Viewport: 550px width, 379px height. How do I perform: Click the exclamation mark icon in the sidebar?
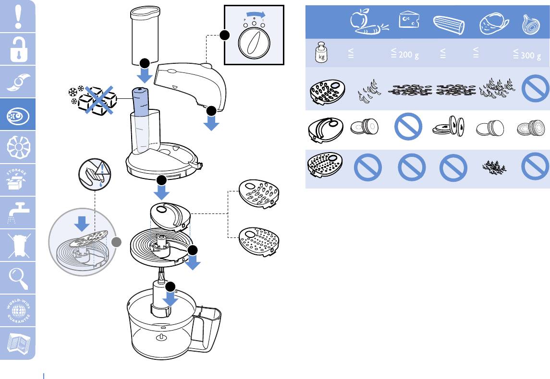click(18, 16)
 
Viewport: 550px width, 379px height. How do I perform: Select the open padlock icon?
click(18, 48)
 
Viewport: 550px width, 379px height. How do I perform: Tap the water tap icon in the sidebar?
click(18, 212)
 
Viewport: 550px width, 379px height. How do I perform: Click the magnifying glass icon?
click(18, 277)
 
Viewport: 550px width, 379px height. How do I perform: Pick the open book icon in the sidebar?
click(18, 343)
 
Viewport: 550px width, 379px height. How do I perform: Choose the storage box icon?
click(18, 179)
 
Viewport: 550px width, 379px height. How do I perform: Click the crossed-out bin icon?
click(18, 245)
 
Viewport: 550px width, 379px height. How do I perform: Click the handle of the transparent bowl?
click(208, 326)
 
